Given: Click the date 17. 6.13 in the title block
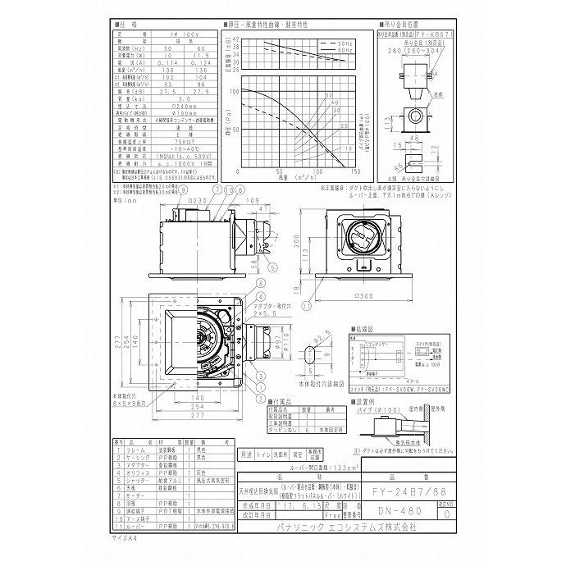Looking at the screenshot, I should [x=295, y=507].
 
